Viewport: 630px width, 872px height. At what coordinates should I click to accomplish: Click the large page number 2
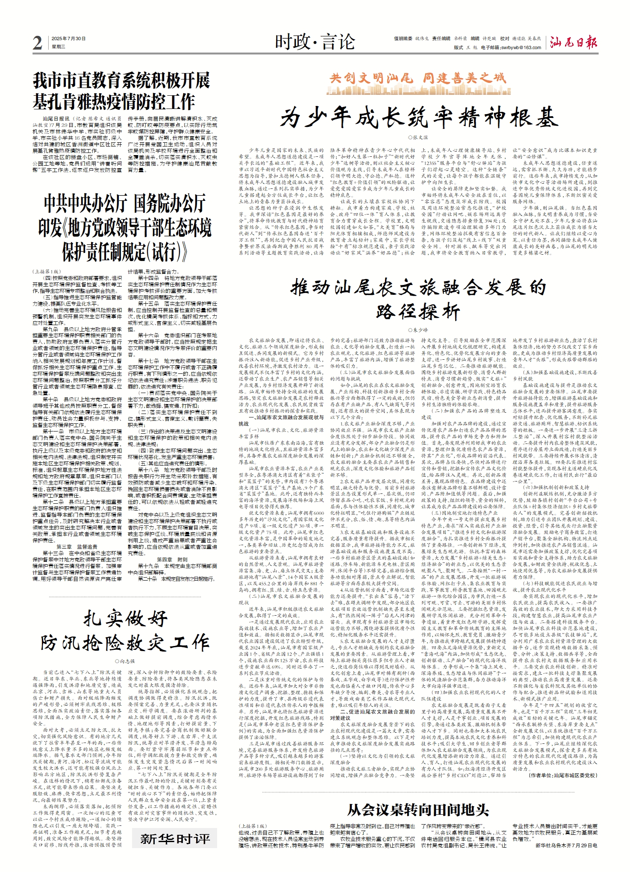click(x=38, y=43)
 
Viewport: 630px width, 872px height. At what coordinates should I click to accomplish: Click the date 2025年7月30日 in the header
click(x=68, y=39)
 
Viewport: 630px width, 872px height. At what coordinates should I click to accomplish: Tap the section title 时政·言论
click(x=315, y=42)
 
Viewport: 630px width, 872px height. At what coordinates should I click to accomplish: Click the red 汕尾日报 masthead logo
click(x=574, y=42)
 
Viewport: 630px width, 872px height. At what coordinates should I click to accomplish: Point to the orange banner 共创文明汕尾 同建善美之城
click(x=418, y=78)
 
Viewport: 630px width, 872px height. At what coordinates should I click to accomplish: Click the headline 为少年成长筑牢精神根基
click(x=419, y=118)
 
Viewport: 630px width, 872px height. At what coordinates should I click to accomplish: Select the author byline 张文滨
click(x=418, y=138)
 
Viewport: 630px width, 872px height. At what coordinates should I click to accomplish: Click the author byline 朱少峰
click(x=418, y=330)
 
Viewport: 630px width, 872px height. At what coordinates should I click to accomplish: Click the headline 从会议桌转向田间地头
click(x=418, y=810)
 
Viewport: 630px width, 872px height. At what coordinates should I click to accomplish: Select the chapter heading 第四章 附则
click(x=172, y=560)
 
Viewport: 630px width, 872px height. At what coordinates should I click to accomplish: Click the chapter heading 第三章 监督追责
click(x=77, y=547)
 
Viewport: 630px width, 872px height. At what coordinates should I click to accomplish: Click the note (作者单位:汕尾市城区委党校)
click(x=562, y=775)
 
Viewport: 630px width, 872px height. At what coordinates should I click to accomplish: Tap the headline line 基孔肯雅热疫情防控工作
click(x=114, y=102)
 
